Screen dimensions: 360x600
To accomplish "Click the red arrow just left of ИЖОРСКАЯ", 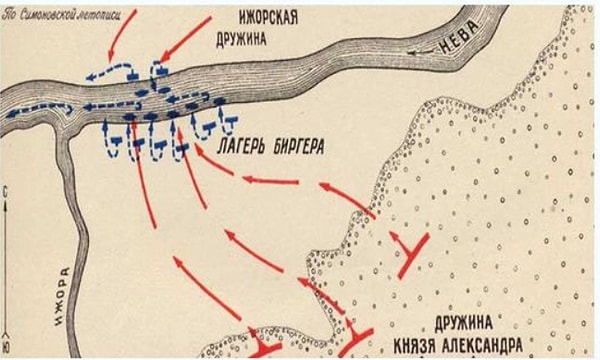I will click(x=187, y=37).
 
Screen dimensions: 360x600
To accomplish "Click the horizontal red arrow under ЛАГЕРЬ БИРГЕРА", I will click(x=270, y=180).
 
